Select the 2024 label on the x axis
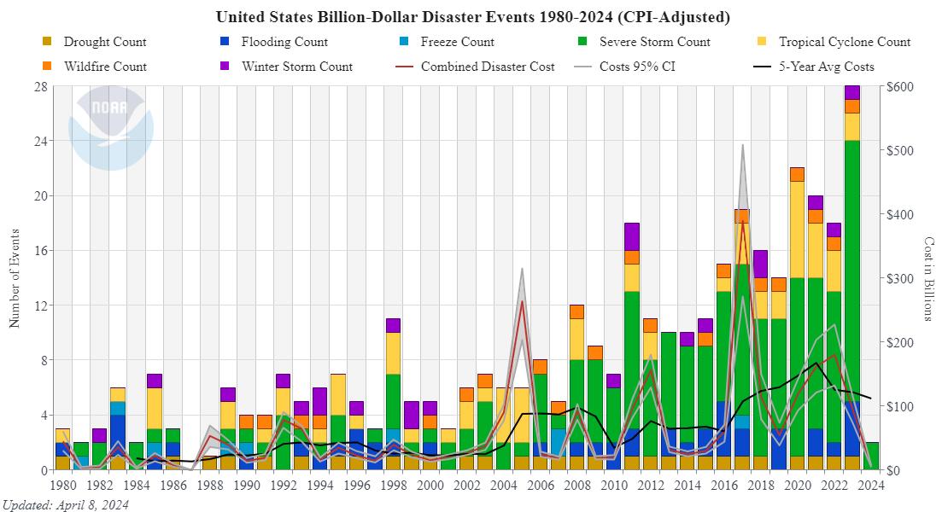click(869, 486)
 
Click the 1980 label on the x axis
click(62, 486)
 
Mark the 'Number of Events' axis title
click(15, 277)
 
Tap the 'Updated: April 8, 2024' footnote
click(66, 504)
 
